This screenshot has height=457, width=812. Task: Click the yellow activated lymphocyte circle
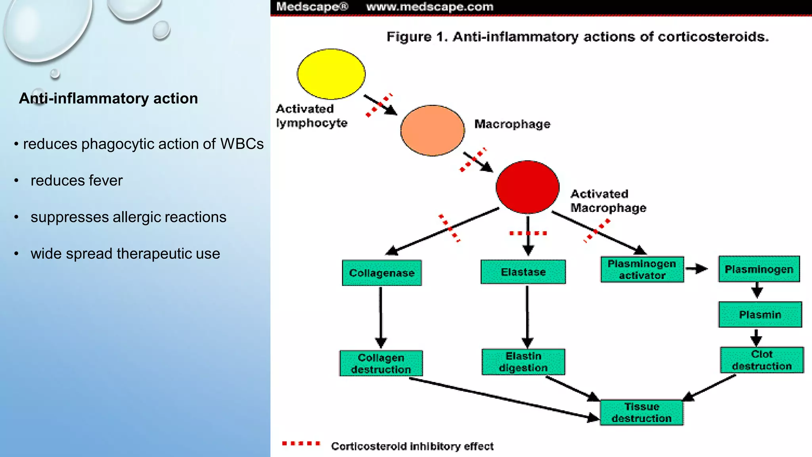coord(331,74)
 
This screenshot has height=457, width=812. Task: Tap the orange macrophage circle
coord(432,130)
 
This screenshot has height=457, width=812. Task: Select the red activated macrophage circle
coord(527,187)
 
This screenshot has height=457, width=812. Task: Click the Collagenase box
coord(382,273)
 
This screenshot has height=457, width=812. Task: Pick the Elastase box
coord(523,272)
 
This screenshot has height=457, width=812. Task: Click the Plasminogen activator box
coord(642,269)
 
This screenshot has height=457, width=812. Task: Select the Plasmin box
coord(760,315)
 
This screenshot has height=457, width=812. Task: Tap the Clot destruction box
coord(762,360)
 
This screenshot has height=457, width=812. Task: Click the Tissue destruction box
coord(642,413)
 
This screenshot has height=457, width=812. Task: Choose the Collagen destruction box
coord(381,363)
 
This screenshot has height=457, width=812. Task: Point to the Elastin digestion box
coord(523,362)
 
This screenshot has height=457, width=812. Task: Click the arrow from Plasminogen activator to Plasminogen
coord(697,269)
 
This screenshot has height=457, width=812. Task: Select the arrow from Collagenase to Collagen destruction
coord(381,317)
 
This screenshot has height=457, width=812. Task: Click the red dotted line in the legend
coord(301,444)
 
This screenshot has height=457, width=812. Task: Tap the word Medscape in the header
coord(312,7)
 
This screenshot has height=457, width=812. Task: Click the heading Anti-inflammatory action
coord(108,98)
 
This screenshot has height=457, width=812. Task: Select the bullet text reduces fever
coord(77,180)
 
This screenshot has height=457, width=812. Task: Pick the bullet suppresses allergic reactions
coord(128,217)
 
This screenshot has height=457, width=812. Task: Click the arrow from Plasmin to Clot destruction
coord(756,337)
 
